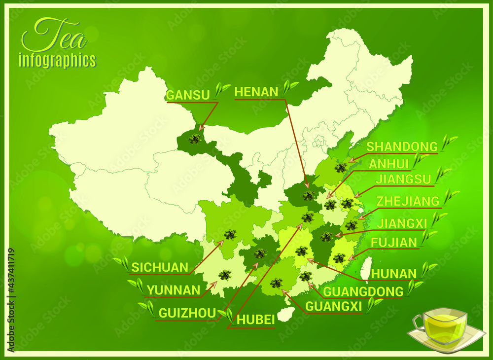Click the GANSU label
tap(188, 95)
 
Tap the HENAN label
tap(256, 92)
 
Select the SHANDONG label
tap(402, 146)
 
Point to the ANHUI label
tap(389, 164)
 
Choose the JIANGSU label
tap(403, 179)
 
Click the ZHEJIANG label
tap(408, 201)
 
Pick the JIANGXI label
tap(402, 223)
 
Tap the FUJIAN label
tap(394, 242)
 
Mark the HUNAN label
tap(394, 273)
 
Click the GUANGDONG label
tap(363, 291)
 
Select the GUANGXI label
tap(333, 307)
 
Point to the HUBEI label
tap(255, 320)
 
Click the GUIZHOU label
tap(187, 313)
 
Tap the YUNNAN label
tap(174, 290)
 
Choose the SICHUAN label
tap(160, 268)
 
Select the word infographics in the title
tap(57, 61)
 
